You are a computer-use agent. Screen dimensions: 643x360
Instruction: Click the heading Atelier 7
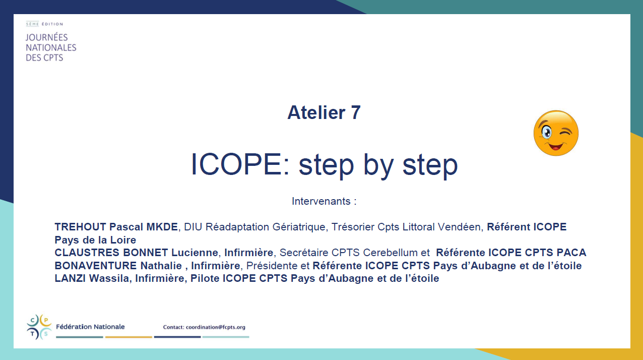tap(324, 112)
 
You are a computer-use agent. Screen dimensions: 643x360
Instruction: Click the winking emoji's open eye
tap(546, 133)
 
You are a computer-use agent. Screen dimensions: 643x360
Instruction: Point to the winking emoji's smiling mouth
tap(556, 146)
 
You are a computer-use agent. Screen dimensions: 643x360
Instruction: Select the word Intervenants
tap(321, 201)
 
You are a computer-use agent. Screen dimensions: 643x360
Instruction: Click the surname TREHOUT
tap(81, 227)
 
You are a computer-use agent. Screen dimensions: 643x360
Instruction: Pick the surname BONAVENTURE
tap(96, 266)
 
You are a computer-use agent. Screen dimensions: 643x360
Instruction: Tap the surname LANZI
tap(70, 278)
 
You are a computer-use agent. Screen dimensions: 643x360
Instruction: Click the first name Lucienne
tap(195, 253)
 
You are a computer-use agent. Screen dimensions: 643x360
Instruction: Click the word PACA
tap(571, 253)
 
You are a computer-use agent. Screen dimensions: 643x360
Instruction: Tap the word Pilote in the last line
tap(205, 278)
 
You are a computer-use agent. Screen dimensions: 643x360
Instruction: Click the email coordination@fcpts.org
tap(216, 327)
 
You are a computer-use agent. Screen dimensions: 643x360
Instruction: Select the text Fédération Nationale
tap(90, 327)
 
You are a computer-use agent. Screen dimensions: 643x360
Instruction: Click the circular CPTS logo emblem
tap(39, 327)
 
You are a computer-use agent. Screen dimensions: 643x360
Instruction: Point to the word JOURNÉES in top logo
tap(47, 37)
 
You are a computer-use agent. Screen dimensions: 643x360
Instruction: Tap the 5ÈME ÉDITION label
tap(44, 24)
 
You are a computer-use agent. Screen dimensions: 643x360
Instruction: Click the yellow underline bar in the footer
tap(128, 337)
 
